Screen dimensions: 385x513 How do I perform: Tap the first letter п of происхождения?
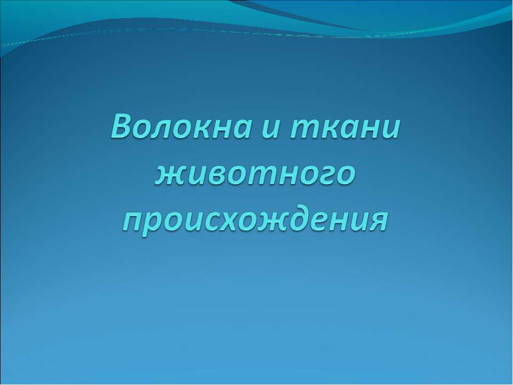pyautogui.click(x=134, y=224)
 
